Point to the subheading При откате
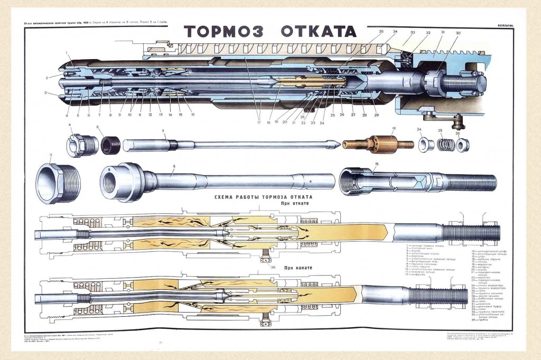click(x=295, y=203)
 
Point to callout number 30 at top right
click(x=458, y=33)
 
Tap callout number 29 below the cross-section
click(x=376, y=115)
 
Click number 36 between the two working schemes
click(x=273, y=268)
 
